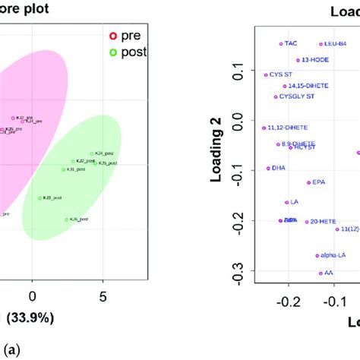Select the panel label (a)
pos(9,349)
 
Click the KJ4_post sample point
pos(91,154)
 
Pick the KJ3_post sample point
pos(40,198)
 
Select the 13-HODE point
pos(298,60)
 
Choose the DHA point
pos(268,168)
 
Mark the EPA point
pos(308,182)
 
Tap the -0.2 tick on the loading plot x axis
pos(286,302)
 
